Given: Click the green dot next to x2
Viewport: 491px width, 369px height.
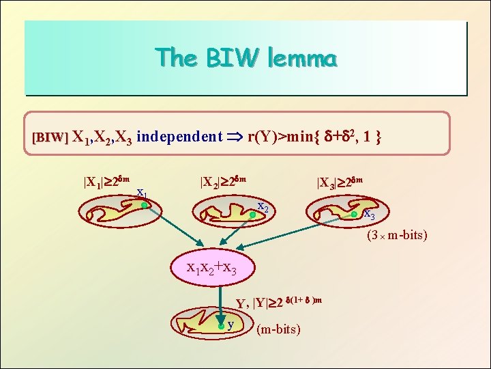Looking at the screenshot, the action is point(252,215).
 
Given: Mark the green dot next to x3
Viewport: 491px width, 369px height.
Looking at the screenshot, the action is point(354,215).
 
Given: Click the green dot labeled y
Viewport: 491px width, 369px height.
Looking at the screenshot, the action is point(221,326).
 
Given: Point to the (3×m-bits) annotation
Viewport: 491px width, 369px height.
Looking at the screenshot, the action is point(397,236).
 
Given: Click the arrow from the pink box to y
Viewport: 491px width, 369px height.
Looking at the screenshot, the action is point(219,301).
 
